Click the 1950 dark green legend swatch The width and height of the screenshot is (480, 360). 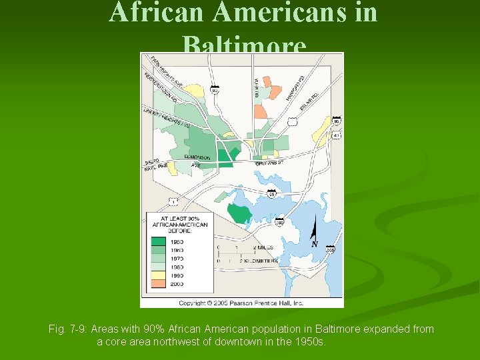159,242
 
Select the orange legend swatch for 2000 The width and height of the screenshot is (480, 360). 159,283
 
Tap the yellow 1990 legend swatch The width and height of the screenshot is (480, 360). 159,275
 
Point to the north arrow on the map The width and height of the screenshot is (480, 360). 313,235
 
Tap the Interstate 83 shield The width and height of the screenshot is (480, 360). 215,89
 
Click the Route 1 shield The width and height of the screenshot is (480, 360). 173,201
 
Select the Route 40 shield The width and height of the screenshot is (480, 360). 337,135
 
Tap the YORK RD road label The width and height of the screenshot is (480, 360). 256,86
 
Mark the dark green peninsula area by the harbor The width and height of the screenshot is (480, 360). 239,213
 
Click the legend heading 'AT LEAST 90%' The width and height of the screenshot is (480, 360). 179,218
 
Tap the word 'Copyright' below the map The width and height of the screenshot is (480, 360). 194,303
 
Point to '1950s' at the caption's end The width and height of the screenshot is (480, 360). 311,341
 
